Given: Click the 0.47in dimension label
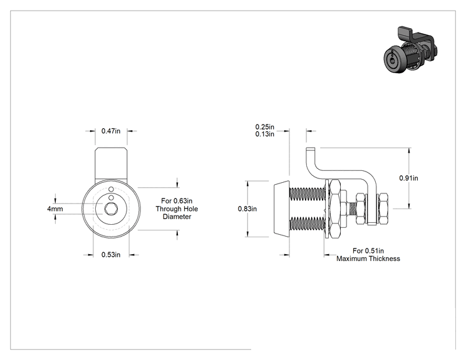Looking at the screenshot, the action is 111,131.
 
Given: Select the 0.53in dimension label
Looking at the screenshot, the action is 111,255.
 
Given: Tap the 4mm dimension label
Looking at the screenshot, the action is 55,209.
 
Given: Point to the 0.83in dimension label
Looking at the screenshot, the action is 247,209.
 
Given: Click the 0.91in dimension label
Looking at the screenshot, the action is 408,178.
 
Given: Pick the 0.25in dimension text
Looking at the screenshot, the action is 265,127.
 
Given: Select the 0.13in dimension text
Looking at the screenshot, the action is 265,134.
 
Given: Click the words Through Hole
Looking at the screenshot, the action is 177,209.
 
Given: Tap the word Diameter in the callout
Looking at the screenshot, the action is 177,217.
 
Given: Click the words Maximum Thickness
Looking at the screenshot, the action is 368,259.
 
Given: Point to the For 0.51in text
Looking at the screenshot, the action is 368,251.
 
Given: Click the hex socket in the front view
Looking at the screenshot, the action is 111,209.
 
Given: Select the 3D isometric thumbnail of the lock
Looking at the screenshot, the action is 410,50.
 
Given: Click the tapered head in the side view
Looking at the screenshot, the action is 281,209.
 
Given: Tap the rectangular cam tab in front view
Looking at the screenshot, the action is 111,165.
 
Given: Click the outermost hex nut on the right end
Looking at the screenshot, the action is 383,209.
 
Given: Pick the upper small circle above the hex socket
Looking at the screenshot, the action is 111,189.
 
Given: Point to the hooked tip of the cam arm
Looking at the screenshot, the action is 310,150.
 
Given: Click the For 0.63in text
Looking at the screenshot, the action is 177,201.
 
